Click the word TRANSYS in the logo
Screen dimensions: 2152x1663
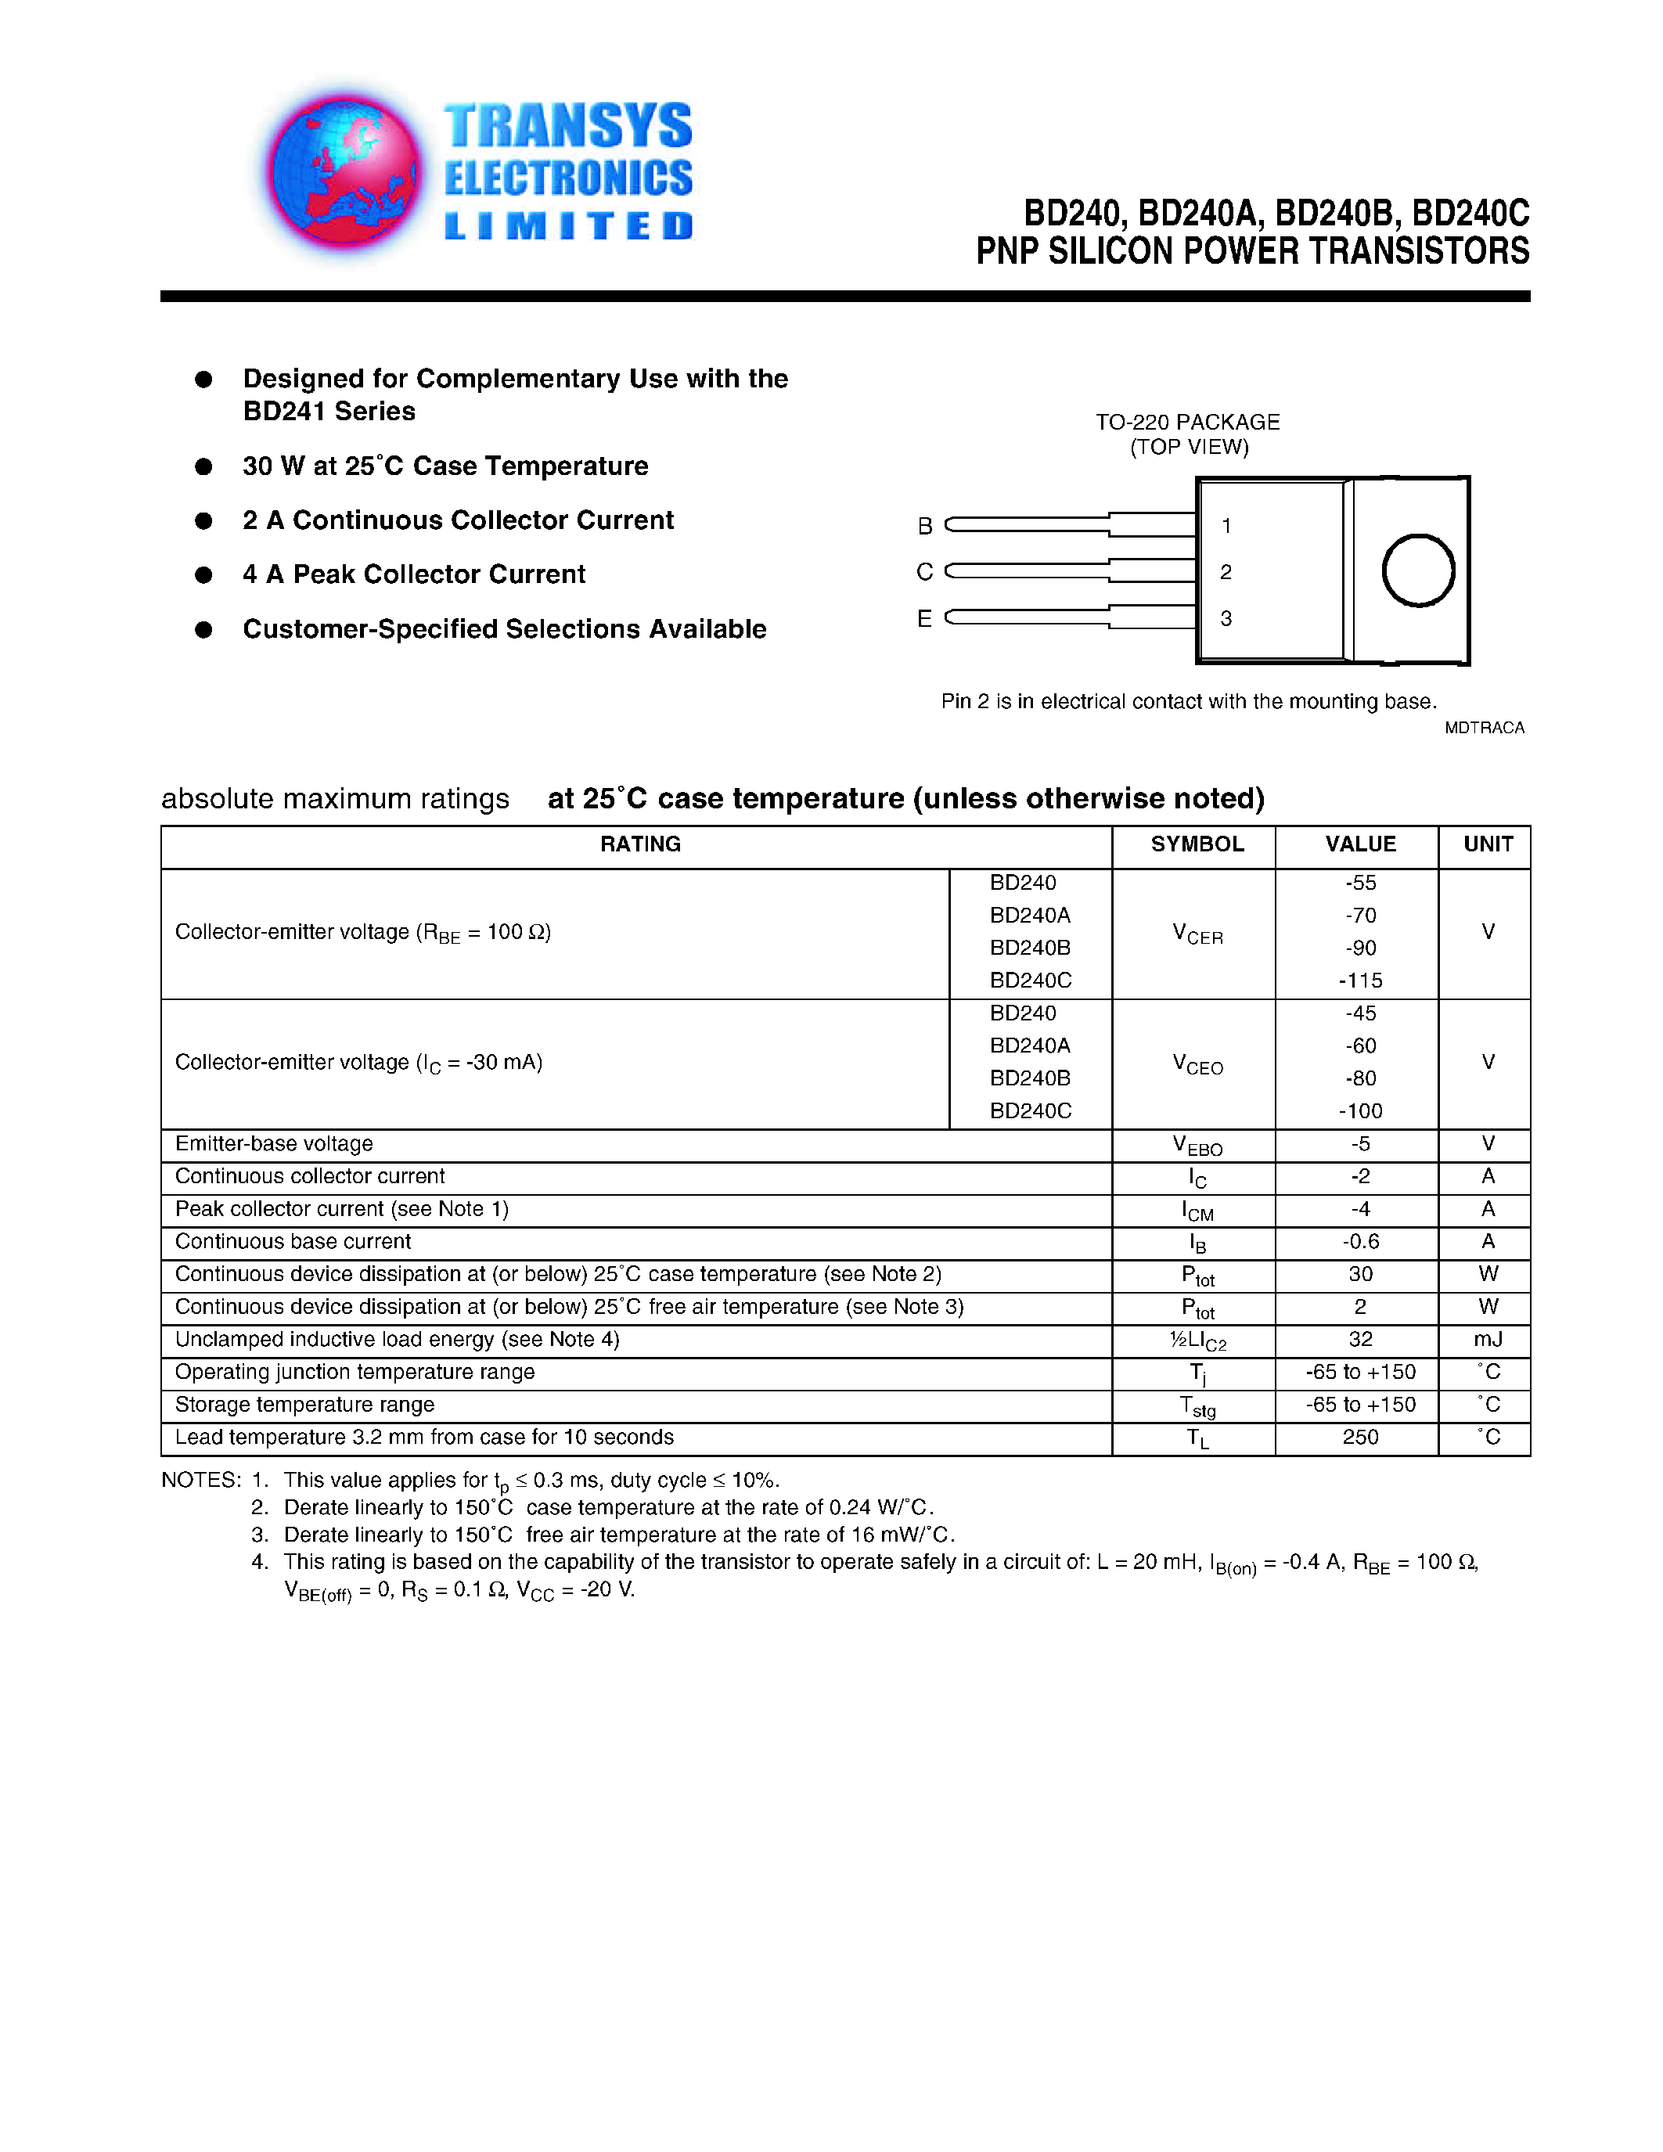pos(567,126)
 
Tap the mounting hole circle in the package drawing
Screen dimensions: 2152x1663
pos(1418,570)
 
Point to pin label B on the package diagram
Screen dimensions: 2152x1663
pos(924,526)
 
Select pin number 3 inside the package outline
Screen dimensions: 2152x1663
pos(1226,619)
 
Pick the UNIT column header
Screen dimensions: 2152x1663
pos(1487,844)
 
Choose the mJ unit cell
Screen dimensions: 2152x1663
pos(1487,1339)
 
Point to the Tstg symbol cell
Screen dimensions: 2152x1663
pos(1197,1406)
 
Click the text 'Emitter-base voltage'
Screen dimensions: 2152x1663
pos(274,1144)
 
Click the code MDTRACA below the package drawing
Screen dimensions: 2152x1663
pos(1484,729)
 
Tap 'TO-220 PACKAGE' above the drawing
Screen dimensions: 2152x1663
pos(1187,423)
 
